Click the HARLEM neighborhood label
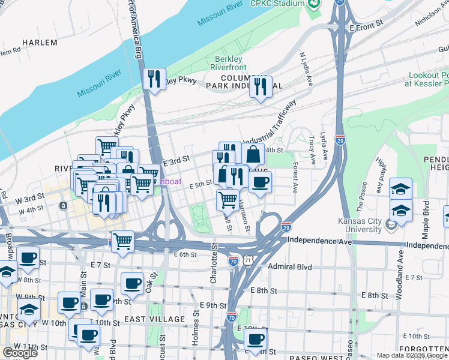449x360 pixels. (40, 43)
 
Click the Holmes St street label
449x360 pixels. (195, 328)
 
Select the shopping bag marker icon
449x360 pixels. (253, 154)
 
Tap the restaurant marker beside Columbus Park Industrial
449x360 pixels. (261, 87)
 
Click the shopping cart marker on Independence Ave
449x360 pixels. (122, 242)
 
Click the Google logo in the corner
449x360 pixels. (20, 353)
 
